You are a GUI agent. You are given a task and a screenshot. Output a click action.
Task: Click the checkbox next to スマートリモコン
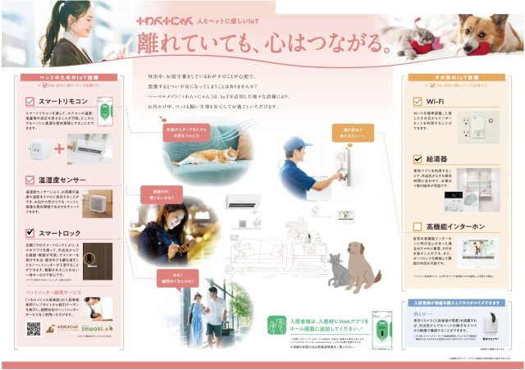pos(30,102)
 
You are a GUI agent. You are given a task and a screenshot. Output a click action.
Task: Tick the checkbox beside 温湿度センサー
pos(30,178)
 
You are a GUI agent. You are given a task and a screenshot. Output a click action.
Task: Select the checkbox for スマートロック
pos(30,233)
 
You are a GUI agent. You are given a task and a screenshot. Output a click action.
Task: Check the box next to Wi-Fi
pos(418,103)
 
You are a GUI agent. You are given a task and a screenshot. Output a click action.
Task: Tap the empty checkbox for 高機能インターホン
pos(418,226)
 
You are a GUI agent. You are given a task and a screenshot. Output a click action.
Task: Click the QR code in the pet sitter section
pos(33,328)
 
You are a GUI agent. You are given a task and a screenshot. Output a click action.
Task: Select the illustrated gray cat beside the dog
pos(336,271)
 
